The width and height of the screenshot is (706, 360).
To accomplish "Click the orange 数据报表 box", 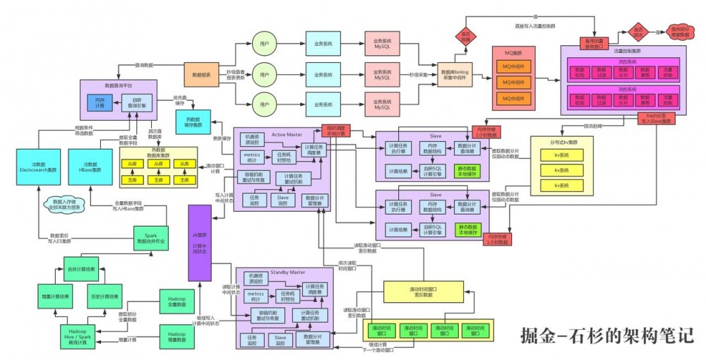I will click(202, 73).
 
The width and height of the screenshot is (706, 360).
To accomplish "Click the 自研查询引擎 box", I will click(137, 104).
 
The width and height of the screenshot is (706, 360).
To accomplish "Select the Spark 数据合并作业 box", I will click(151, 237).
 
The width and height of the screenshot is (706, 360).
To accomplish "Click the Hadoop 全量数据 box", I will click(176, 301).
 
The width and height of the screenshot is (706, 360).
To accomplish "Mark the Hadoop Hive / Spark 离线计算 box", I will click(77, 333).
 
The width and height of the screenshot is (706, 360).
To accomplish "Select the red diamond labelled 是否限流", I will click(638, 32).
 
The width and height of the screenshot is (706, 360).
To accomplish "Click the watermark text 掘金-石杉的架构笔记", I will click(606, 334).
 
